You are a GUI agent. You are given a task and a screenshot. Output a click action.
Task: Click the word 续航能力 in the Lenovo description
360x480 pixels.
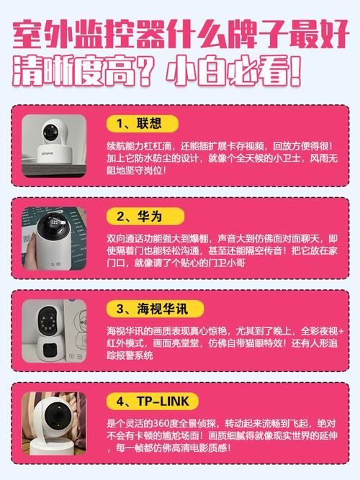[124, 145]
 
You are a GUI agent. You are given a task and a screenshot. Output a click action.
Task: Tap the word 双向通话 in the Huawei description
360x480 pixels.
[124, 239]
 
